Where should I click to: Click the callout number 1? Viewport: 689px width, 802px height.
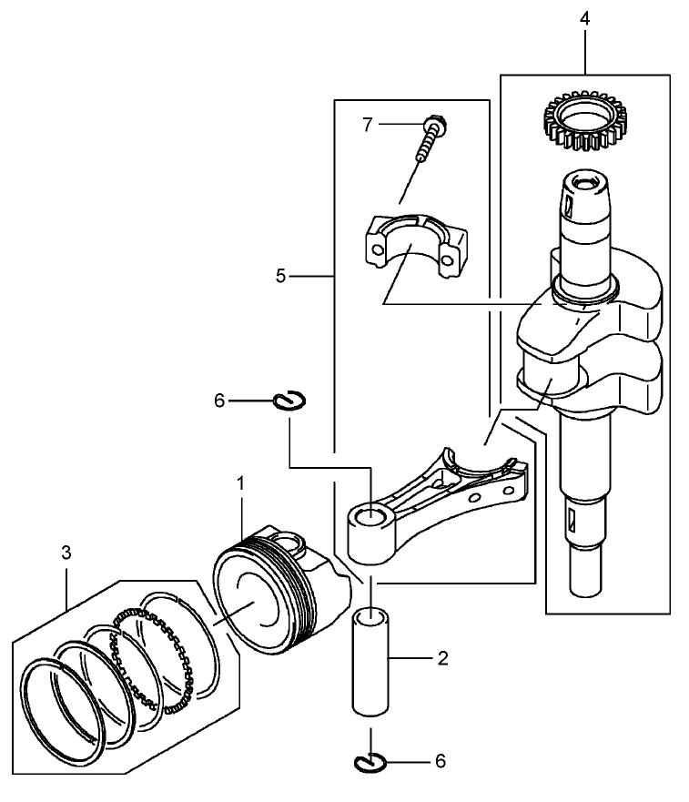click(x=241, y=483)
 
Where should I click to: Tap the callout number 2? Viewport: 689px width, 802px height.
click(x=441, y=658)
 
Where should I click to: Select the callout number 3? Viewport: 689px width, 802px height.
click(x=66, y=553)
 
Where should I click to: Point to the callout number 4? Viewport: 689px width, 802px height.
click(x=585, y=18)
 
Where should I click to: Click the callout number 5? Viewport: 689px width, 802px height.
click(x=281, y=274)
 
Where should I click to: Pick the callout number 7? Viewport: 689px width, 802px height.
click(x=368, y=125)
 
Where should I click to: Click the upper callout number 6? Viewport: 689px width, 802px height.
click(x=218, y=400)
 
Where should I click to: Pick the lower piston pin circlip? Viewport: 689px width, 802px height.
click(x=371, y=761)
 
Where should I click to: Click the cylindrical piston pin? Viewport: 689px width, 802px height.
click(x=371, y=665)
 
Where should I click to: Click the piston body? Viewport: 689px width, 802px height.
click(x=273, y=592)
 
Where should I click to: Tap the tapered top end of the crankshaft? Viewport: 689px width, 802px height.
click(x=583, y=187)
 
